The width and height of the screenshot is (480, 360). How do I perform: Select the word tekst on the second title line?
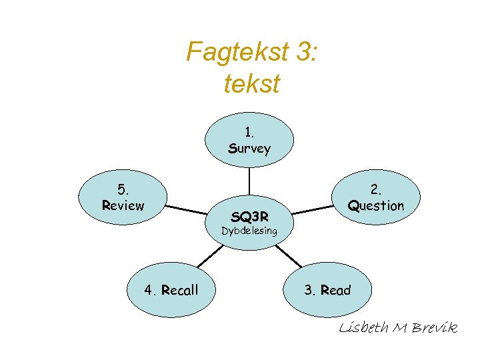[x=252, y=84]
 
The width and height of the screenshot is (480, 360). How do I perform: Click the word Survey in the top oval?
[x=249, y=149]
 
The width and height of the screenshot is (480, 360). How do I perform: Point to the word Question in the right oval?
[x=376, y=205]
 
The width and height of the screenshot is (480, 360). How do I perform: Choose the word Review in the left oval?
[x=123, y=205]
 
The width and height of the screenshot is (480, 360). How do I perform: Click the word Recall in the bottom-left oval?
[x=180, y=290]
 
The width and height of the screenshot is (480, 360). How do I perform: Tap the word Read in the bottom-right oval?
[x=335, y=290]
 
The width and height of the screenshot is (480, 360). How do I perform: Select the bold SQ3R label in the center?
[x=249, y=216]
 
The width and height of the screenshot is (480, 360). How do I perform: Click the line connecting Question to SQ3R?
[x=312, y=209]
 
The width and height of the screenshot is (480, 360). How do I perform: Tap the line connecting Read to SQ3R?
[x=289, y=256]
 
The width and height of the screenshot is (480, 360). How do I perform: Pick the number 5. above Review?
[x=122, y=189]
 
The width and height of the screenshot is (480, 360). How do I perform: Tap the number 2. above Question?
[x=377, y=189]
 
